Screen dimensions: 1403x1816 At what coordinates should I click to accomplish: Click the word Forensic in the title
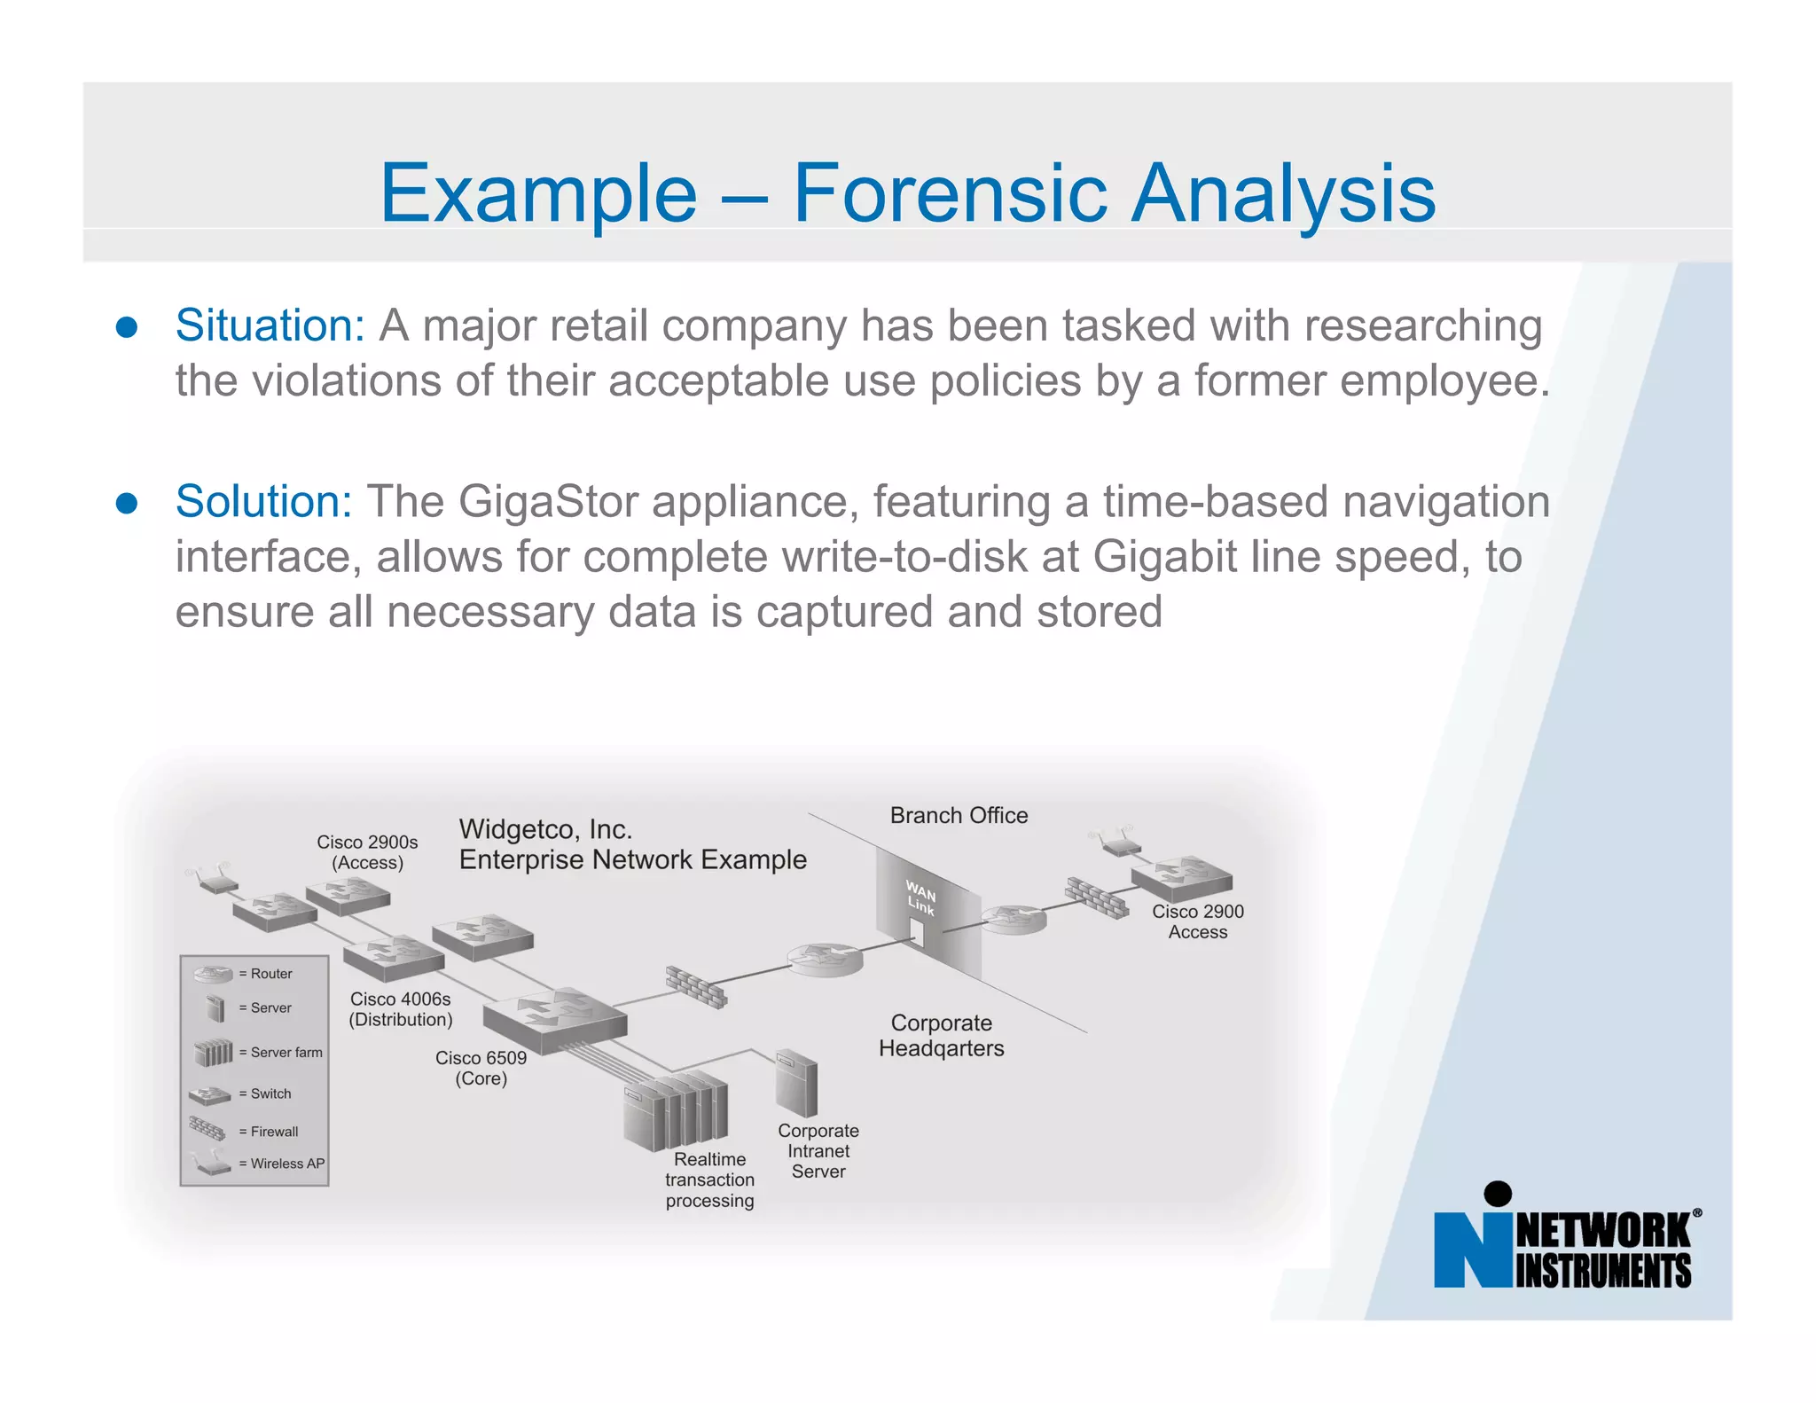[x=950, y=193]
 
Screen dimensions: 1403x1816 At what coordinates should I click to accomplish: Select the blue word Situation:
[x=270, y=325]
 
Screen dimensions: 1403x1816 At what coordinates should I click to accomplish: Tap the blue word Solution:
[x=263, y=501]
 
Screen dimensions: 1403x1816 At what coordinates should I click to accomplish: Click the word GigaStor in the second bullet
[x=548, y=501]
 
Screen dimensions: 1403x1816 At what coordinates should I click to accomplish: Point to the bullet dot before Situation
[x=127, y=327]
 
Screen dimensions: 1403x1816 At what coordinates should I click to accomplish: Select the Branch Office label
[x=959, y=815]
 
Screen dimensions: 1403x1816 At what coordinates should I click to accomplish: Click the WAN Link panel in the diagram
[x=927, y=909]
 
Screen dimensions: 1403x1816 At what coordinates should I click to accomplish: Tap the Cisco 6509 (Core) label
[x=481, y=1068]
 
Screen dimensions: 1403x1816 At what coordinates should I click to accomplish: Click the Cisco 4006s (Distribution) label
[x=400, y=1009]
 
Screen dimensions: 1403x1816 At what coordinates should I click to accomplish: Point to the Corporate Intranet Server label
[x=818, y=1151]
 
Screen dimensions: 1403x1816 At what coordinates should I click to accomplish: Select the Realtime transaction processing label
[x=709, y=1180]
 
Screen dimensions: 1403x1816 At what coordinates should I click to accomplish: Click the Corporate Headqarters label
[x=941, y=1035]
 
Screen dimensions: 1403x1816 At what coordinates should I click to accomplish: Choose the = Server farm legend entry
[x=279, y=1053]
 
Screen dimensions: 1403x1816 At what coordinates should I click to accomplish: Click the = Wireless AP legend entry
[x=280, y=1164]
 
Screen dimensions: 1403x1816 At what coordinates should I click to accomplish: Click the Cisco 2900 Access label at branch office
[x=1197, y=921]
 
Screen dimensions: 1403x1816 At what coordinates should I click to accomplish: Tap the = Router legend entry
[x=264, y=974]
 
